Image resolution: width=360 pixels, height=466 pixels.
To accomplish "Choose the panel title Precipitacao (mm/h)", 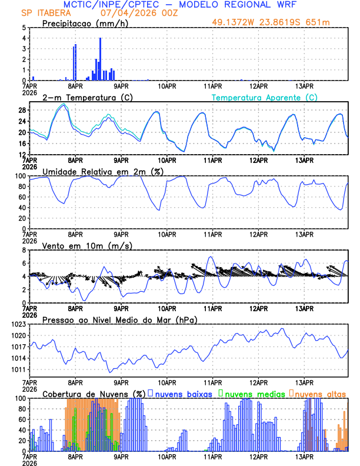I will (84, 23).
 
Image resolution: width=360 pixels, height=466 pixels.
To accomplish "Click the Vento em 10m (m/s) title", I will (86, 245).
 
